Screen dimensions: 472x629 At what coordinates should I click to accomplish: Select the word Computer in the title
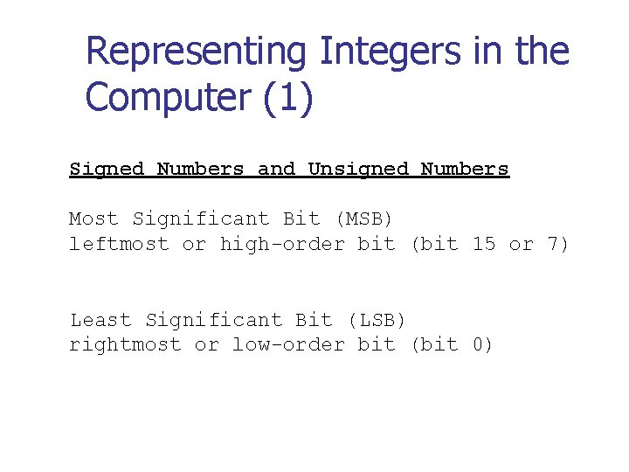(168, 97)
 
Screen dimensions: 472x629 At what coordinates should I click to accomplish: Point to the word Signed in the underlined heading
(107, 169)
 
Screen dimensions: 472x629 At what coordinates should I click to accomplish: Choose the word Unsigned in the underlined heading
(358, 169)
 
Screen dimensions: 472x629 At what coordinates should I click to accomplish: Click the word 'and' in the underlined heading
(277, 169)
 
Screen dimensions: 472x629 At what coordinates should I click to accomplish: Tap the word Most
(93, 219)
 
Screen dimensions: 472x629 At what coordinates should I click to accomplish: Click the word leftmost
(119, 244)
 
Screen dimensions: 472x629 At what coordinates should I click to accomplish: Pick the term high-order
(282, 244)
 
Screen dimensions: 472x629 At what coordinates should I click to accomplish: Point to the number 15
(483, 244)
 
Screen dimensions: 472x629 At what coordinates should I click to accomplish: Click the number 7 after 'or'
(556, 244)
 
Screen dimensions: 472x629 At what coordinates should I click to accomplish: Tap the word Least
(100, 320)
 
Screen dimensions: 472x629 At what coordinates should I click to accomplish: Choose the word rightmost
(125, 345)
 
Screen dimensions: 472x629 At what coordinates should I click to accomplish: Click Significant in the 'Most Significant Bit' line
(201, 219)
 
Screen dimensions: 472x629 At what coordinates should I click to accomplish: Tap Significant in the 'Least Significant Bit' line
(213, 320)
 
